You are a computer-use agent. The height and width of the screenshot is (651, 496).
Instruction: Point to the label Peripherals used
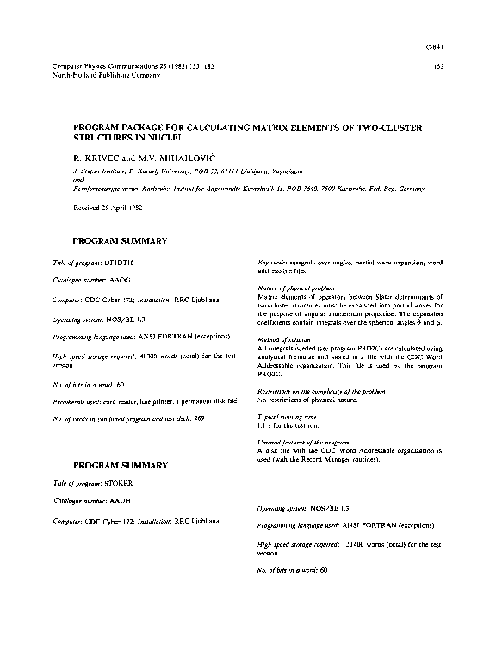pos(77,400)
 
